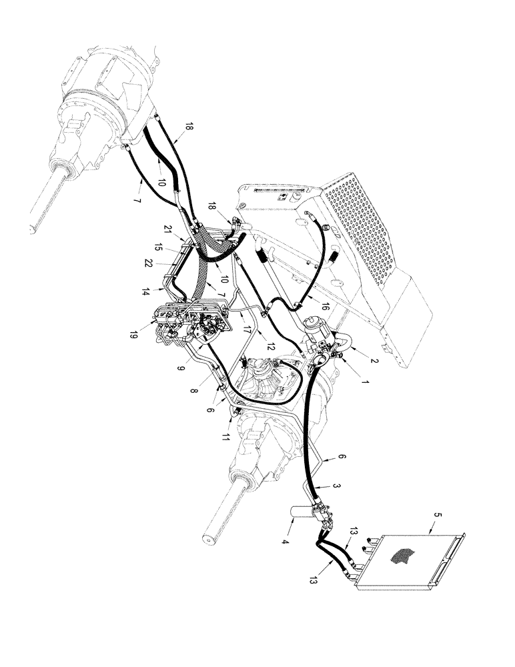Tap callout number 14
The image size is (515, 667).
click(145, 291)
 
